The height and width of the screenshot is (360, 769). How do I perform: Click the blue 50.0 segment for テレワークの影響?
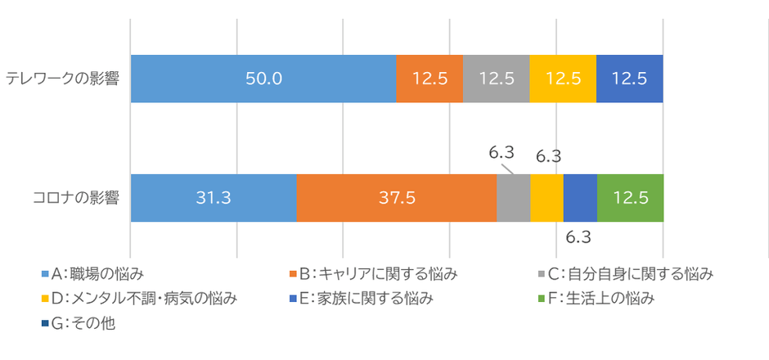point(263,79)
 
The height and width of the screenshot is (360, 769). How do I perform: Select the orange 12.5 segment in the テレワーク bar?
point(429,79)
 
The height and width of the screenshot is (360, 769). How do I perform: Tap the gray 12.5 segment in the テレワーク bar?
point(496,79)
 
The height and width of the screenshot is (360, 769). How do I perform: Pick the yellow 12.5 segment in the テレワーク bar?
point(563,79)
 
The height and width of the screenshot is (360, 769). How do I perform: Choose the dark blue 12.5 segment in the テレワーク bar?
point(629,79)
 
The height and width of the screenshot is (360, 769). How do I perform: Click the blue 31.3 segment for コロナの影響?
point(214,198)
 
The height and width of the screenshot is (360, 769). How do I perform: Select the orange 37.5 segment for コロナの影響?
point(397,198)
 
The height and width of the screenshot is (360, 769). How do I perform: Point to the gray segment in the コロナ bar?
point(514,198)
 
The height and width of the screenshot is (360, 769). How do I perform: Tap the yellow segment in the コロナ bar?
point(547,198)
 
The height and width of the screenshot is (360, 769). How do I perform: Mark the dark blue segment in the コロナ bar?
point(580,198)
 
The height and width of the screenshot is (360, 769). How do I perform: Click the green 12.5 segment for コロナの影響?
point(630,198)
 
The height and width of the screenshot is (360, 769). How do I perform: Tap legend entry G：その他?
point(82,323)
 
